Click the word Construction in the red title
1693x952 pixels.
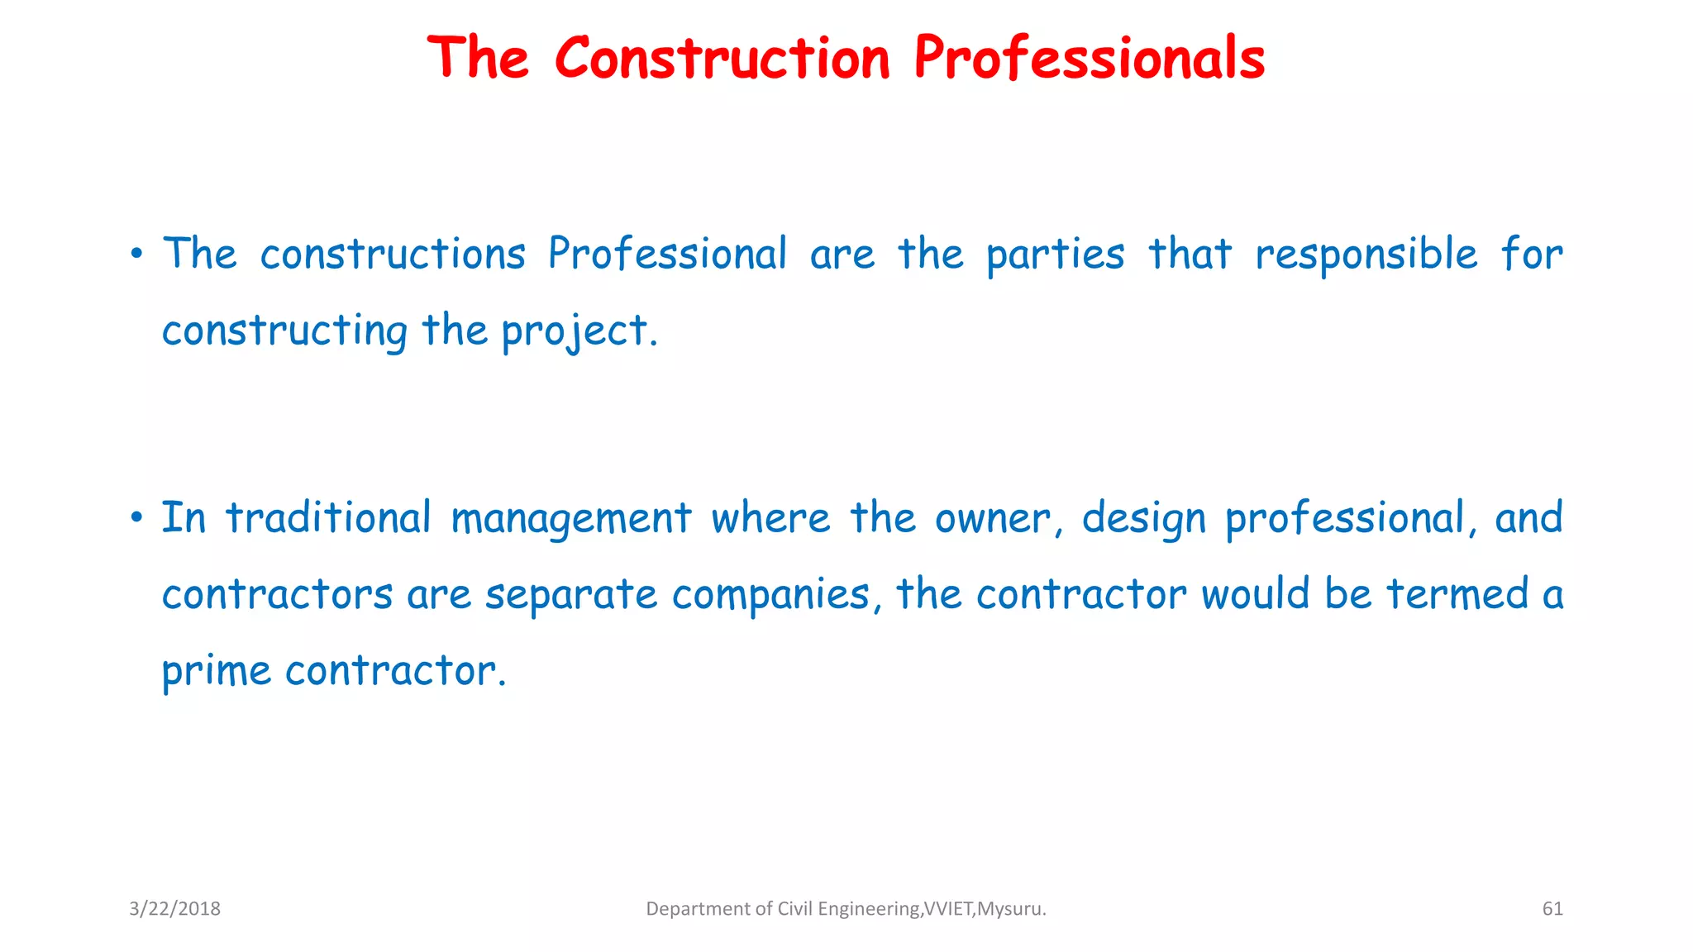click(722, 59)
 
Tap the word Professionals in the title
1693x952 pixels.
click(1090, 59)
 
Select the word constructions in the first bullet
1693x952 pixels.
click(393, 254)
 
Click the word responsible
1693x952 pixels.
click(1366, 254)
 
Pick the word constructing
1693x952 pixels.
click(284, 331)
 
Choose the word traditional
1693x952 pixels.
click(328, 518)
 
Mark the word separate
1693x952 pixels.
click(571, 595)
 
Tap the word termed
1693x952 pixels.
click(1457, 594)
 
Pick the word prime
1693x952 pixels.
click(216, 671)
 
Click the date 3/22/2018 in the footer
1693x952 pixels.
click(174, 909)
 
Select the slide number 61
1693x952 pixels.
click(1552, 909)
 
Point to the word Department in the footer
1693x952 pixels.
click(697, 909)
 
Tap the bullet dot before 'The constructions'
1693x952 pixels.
click(136, 254)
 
